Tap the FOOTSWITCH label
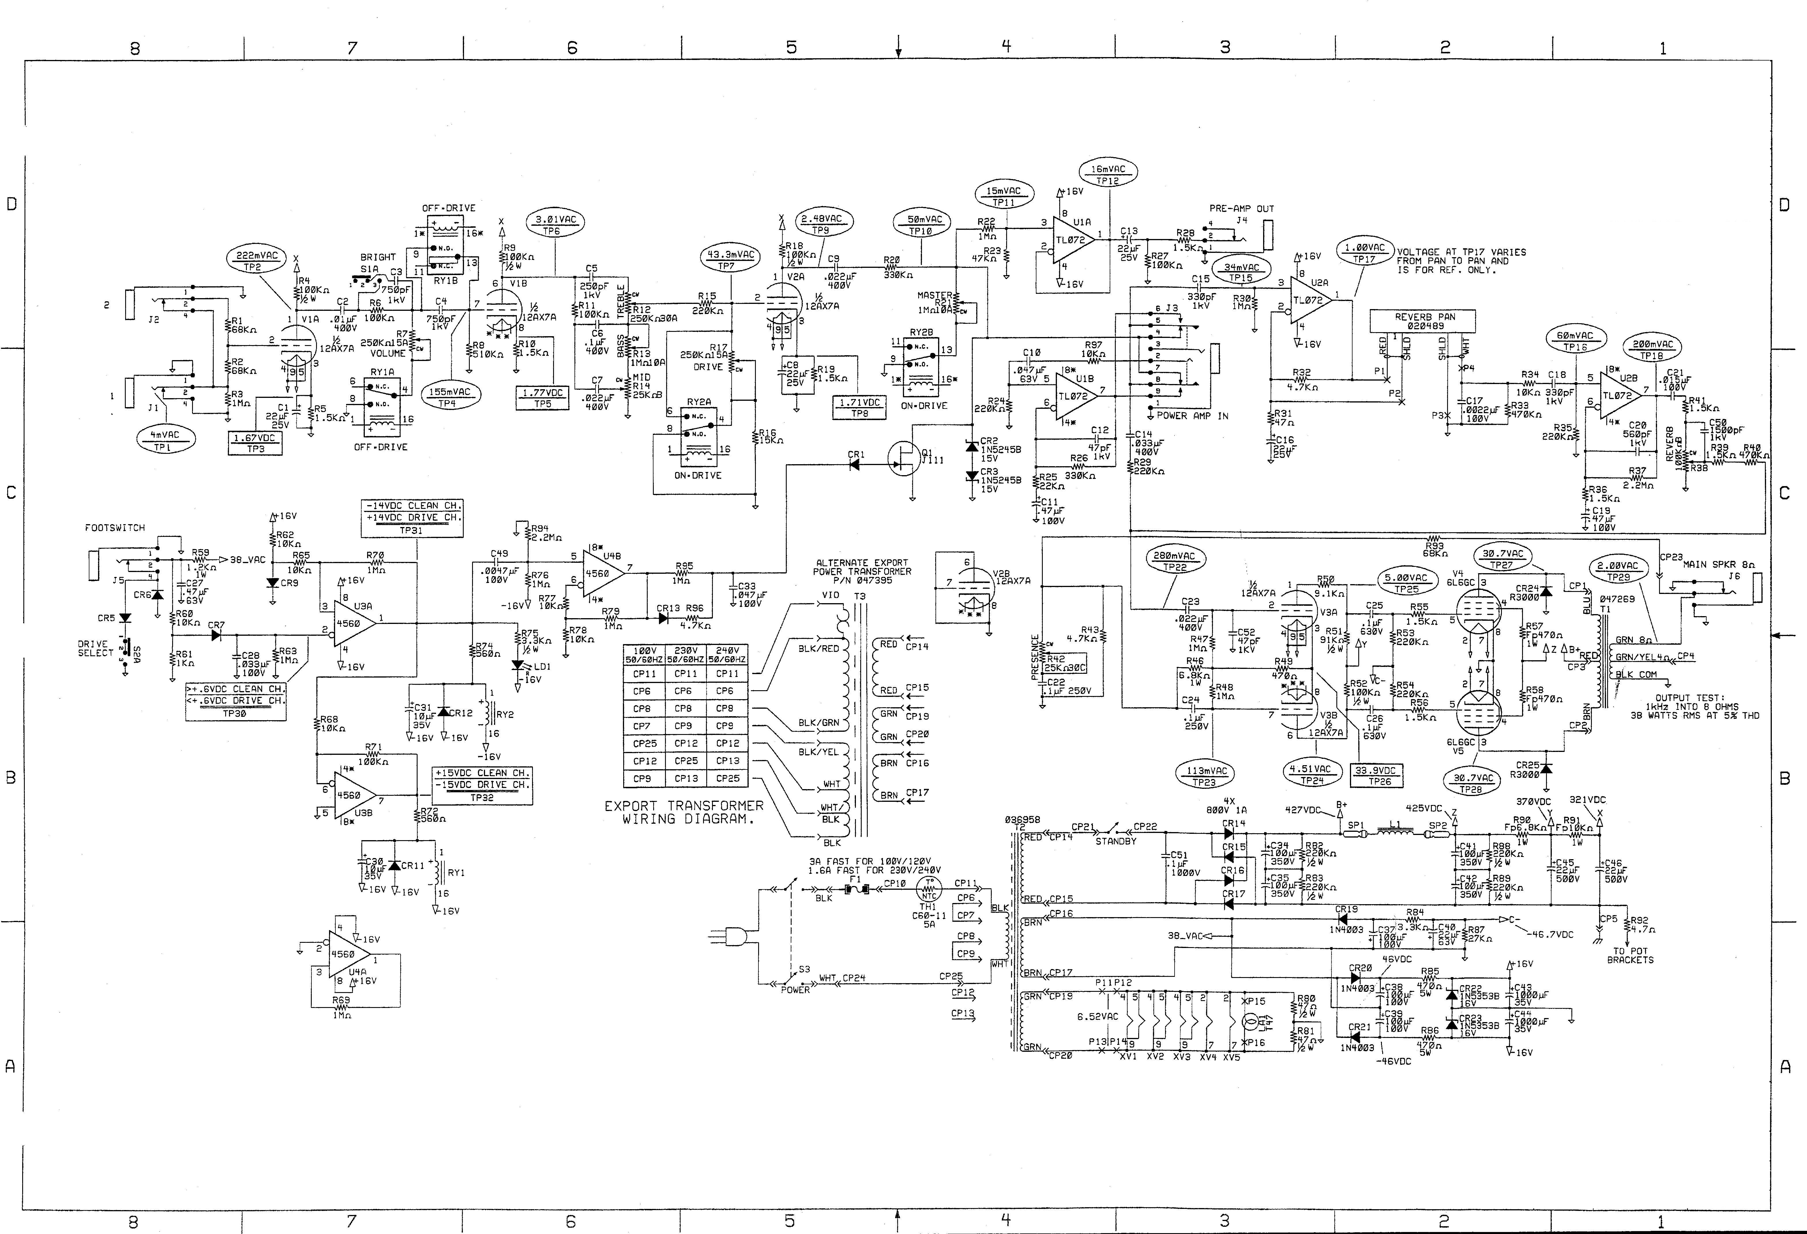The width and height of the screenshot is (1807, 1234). [x=115, y=528]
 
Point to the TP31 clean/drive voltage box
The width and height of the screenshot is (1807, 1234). [x=412, y=517]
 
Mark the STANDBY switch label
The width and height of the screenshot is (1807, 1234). [x=1116, y=841]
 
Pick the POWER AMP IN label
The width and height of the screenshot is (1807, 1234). [x=1192, y=416]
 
